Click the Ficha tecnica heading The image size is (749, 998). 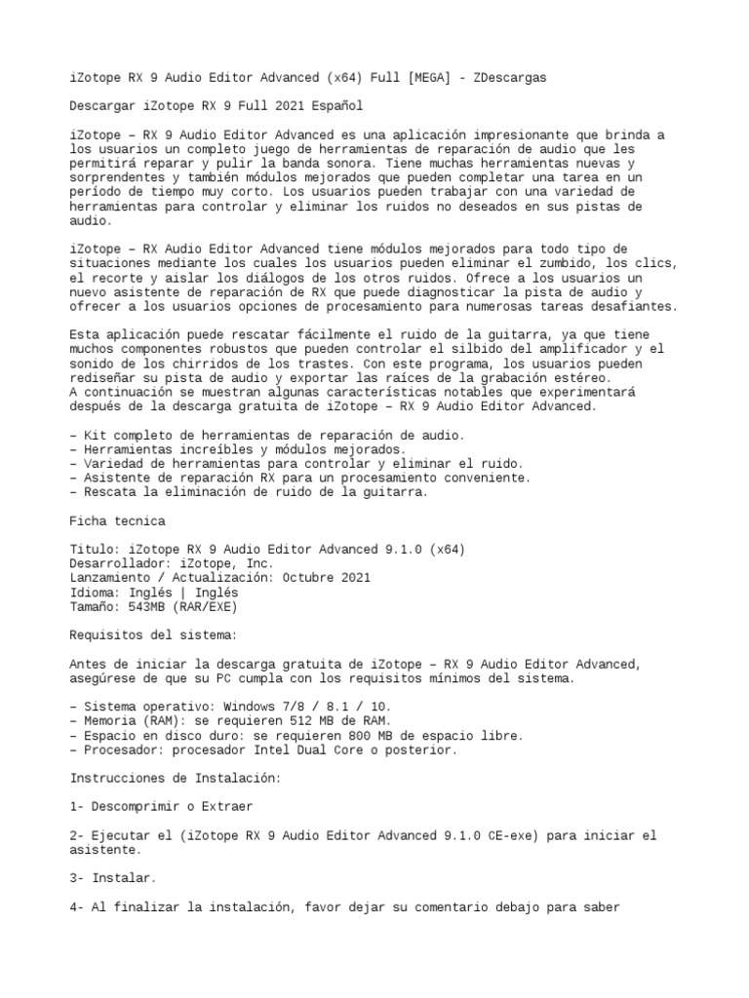[118, 520]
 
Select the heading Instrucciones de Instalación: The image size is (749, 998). [175, 779]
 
